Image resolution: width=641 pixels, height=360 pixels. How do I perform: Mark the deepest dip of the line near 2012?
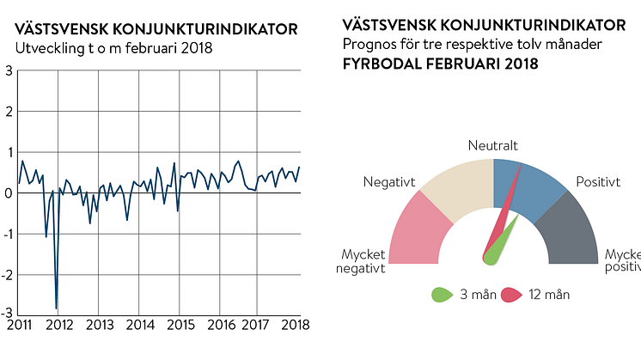click(57, 308)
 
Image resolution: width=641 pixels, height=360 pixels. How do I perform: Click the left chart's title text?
click(157, 29)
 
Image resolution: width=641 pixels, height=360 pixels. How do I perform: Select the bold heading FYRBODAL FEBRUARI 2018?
click(440, 64)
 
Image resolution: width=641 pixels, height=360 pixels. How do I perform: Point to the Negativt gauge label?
click(389, 183)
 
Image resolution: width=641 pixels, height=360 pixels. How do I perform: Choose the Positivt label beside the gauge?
click(597, 183)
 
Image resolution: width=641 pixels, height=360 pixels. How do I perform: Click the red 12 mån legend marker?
click(512, 295)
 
